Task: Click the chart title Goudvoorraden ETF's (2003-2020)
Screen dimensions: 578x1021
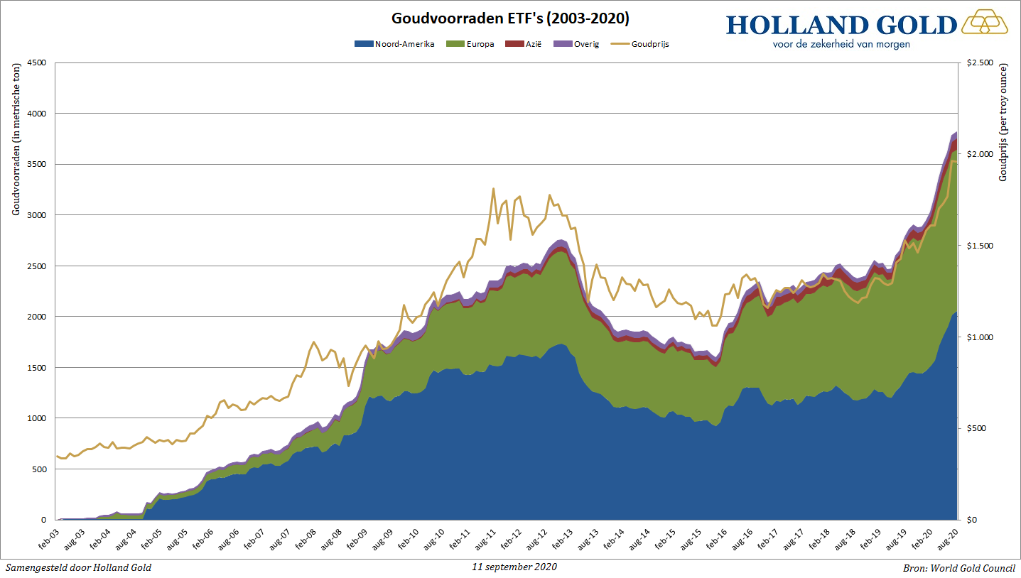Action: (x=510, y=18)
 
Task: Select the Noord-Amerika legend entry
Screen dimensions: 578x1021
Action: (x=394, y=44)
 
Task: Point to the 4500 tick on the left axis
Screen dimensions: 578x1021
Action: (x=36, y=62)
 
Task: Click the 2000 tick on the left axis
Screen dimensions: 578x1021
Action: (x=36, y=317)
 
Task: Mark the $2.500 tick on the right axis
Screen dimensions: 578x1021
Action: (x=980, y=62)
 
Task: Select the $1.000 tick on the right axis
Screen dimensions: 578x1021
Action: (x=980, y=337)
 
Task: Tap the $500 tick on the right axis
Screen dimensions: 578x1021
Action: (x=976, y=428)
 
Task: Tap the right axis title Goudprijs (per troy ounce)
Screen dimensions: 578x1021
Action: (x=1003, y=122)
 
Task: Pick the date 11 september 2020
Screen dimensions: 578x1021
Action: (x=514, y=567)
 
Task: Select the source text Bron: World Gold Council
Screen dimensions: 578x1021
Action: (x=958, y=568)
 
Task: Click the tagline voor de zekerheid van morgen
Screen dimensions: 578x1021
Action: (x=841, y=44)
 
